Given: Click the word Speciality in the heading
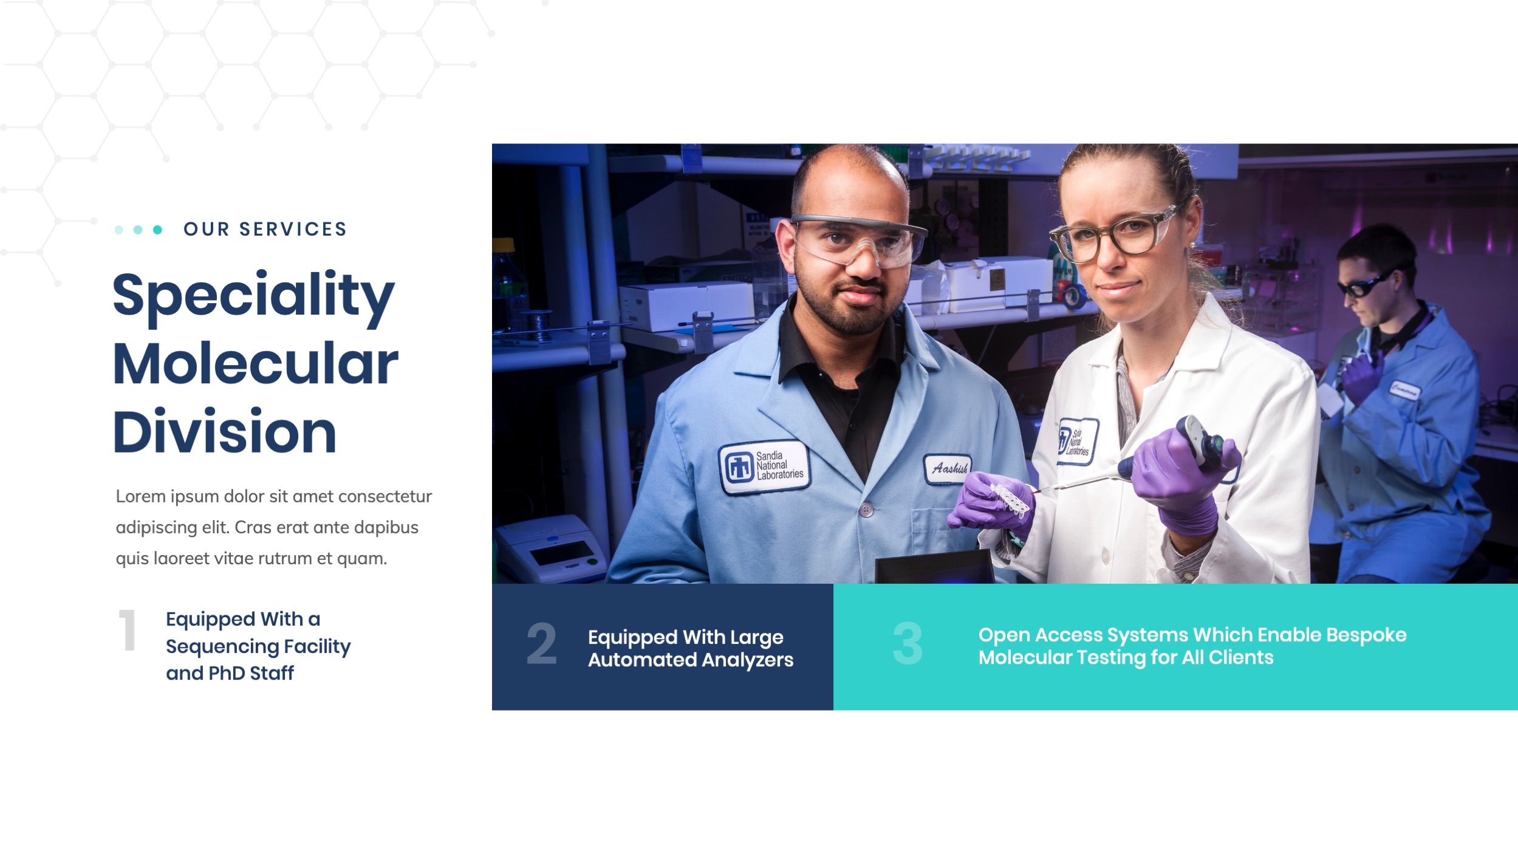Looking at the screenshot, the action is [x=253, y=298].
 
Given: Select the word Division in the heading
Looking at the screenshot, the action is [x=225, y=431].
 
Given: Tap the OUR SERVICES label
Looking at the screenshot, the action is [x=265, y=229].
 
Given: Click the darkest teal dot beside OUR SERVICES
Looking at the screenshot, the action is [x=157, y=230].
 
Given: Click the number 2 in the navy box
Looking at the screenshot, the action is [x=541, y=643].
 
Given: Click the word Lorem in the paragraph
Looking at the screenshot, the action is [x=141, y=496].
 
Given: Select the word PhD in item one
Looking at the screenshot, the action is [x=227, y=673].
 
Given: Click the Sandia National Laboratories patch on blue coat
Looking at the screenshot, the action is [x=765, y=466].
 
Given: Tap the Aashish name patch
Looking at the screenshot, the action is [x=948, y=468].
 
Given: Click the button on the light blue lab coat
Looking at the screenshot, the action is [x=867, y=510].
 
